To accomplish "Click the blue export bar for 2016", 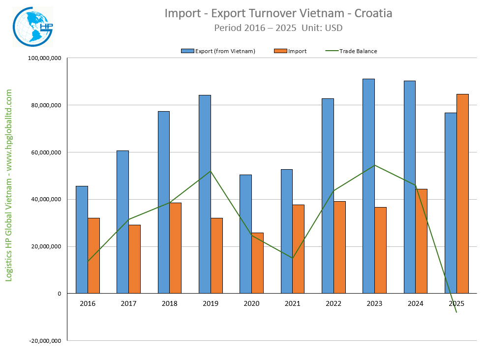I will [x=82, y=240].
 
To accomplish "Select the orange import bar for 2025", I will [x=462, y=194].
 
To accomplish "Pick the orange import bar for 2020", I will [x=257, y=263].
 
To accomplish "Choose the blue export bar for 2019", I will [x=205, y=194].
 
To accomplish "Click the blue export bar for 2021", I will [x=286, y=231].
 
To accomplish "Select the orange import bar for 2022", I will [x=339, y=247].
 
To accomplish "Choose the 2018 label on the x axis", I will [x=170, y=303].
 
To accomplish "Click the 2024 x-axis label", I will [x=415, y=303].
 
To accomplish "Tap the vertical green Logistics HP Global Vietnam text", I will [x=9, y=185].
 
